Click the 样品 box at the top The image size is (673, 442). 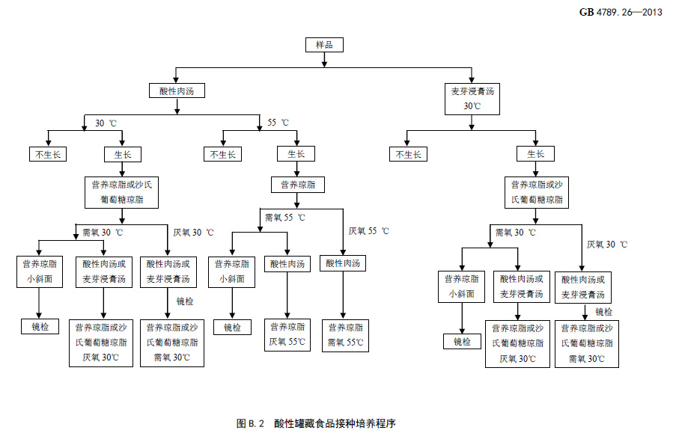point(325,45)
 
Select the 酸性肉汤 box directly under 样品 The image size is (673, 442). point(177,90)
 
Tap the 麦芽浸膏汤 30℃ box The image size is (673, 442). point(472,99)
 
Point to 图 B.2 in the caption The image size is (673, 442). point(252,423)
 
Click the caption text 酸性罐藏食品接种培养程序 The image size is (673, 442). point(334,423)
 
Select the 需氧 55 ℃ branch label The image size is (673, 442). point(284,218)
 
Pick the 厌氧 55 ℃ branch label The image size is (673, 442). point(368,231)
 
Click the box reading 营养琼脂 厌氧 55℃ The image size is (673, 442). point(287,334)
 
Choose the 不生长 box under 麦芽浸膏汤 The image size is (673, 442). point(407,154)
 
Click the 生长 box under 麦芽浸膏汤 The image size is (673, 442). point(535,154)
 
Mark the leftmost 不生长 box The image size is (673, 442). point(49,154)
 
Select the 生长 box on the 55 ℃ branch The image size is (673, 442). point(296,154)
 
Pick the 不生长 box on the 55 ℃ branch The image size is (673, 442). point(222,154)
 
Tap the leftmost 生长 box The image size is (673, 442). point(123,154)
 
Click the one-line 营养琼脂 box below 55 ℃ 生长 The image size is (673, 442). point(297,185)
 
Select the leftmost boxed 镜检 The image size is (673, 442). point(40,326)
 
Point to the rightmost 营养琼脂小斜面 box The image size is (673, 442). point(461,286)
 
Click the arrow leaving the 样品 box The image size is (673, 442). point(325,60)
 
